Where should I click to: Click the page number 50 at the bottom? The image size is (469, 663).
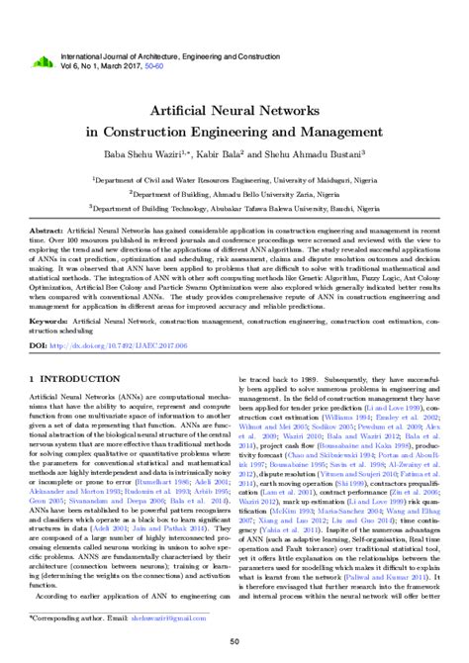point(234,642)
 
